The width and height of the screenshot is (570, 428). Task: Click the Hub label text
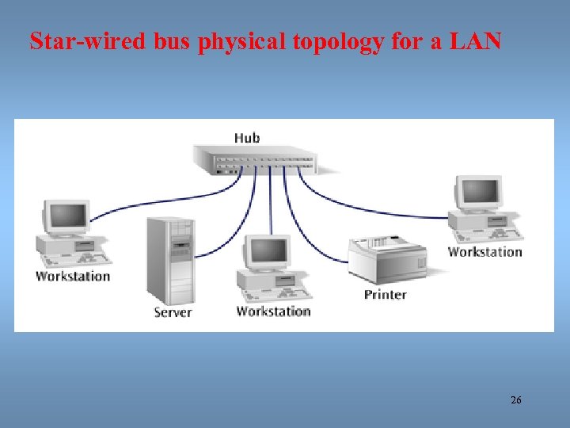tap(246, 138)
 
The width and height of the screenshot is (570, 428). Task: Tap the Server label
tap(173, 312)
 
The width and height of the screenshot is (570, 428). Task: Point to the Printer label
tap(385, 294)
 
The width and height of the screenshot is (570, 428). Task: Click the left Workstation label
tap(73, 276)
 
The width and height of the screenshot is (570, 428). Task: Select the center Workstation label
tap(273, 311)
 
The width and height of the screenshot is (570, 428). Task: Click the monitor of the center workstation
tap(268, 252)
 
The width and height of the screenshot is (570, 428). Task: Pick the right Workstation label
tap(484, 252)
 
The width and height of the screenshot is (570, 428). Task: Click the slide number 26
tap(516, 400)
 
